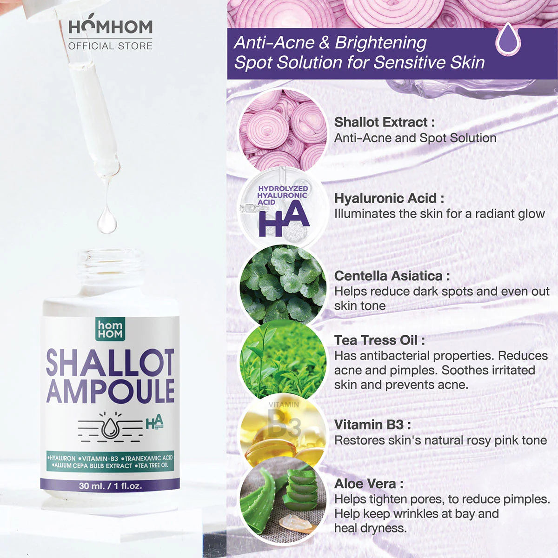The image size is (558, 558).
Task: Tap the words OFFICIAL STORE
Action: click(x=110, y=46)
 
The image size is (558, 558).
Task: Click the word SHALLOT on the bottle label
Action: click(x=110, y=363)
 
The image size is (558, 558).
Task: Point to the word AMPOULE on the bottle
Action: click(x=110, y=391)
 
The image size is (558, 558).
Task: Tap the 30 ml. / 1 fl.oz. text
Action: click(x=110, y=485)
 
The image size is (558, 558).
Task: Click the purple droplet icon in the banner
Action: click(x=508, y=40)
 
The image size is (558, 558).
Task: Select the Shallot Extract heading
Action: click(x=385, y=122)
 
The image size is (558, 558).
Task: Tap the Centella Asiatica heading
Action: click(x=392, y=276)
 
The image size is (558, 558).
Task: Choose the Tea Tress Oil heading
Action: click(x=379, y=340)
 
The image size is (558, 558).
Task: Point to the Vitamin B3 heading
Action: click(x=372, y=425)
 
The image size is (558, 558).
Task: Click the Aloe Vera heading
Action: click(x=369, y=484)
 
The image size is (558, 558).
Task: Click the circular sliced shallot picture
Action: click(x=283, y=130)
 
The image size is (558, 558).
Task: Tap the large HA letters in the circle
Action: click(x=283, y=219)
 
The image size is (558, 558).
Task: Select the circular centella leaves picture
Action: click(x=283, y=285)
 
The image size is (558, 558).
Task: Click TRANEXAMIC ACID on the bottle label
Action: click(x=149, y=458)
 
